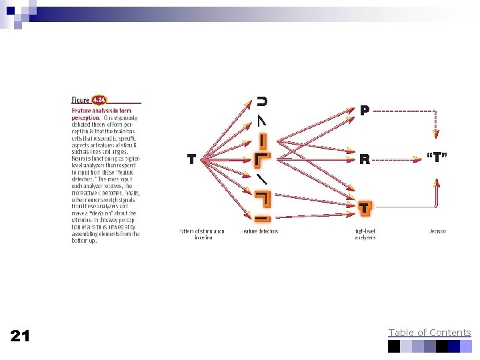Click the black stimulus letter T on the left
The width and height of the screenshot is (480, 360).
[191, 159]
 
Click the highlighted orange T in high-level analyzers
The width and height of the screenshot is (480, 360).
[364, 209]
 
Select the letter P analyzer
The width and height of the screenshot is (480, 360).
[364, 110]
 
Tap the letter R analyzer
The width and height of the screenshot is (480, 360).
[364, 159]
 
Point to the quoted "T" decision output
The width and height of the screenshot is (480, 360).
[436, 158]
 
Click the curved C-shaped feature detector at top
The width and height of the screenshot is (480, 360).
[262, 101]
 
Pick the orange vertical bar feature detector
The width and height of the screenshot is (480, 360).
[263, 141]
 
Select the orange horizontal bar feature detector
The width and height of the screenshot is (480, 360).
[262, 218]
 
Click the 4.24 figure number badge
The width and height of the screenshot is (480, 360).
[99, 99]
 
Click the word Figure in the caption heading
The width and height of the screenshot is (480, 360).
[81, 99]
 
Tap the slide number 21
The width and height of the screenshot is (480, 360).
[20, 336]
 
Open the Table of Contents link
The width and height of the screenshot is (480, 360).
[429, 333]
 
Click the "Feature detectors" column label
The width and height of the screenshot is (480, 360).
[259, 231]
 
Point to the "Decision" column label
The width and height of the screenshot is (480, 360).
[437, 231]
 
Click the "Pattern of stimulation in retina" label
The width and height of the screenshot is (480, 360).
[201, 234]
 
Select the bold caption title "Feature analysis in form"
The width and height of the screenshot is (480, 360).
[101, 110]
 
